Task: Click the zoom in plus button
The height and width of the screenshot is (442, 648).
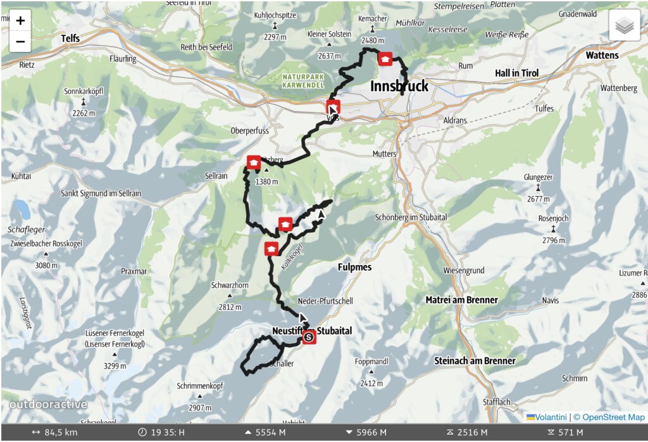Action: click(20, 20)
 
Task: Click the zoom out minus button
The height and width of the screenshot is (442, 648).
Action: click(20, 42)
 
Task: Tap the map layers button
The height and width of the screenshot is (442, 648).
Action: click(625, 26)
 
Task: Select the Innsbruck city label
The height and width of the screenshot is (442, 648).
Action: click(399, 86)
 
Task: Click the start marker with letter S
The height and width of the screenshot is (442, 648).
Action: click(309, 338)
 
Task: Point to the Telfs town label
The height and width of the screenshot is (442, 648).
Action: click(70, 39)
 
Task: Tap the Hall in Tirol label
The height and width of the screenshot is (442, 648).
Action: click(516, 73)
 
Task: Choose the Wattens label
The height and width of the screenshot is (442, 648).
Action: click(602, 56)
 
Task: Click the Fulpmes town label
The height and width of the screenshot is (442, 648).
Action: click(355, 267)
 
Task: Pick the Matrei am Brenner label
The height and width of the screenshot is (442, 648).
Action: click(461, 300)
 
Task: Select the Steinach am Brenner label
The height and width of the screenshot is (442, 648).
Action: click(475, 361)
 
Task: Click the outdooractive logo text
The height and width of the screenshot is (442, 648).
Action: click(48, 405)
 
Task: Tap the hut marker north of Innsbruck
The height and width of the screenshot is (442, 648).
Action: click(385, 59)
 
